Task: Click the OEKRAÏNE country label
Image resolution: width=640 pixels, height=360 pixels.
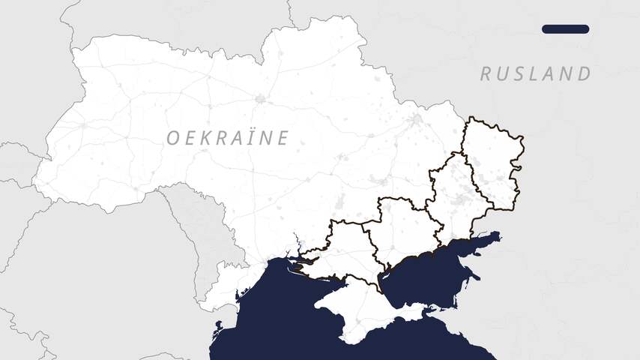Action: (x=227, y=138)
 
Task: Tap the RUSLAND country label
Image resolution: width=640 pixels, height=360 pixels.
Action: (x=535, y=73)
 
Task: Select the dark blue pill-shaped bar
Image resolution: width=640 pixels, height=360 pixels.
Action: (x=565, y=29)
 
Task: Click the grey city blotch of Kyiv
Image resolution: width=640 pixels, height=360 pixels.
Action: (x=260, y=98)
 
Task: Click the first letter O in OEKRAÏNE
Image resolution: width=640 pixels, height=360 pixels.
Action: (x=172, y=138)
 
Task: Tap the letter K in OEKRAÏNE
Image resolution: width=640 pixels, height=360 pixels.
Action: (x=206, y=138)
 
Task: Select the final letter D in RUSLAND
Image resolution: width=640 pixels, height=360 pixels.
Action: (x=584, y=73)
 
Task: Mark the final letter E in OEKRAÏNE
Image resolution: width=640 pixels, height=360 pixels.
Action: (x=282, y=138)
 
